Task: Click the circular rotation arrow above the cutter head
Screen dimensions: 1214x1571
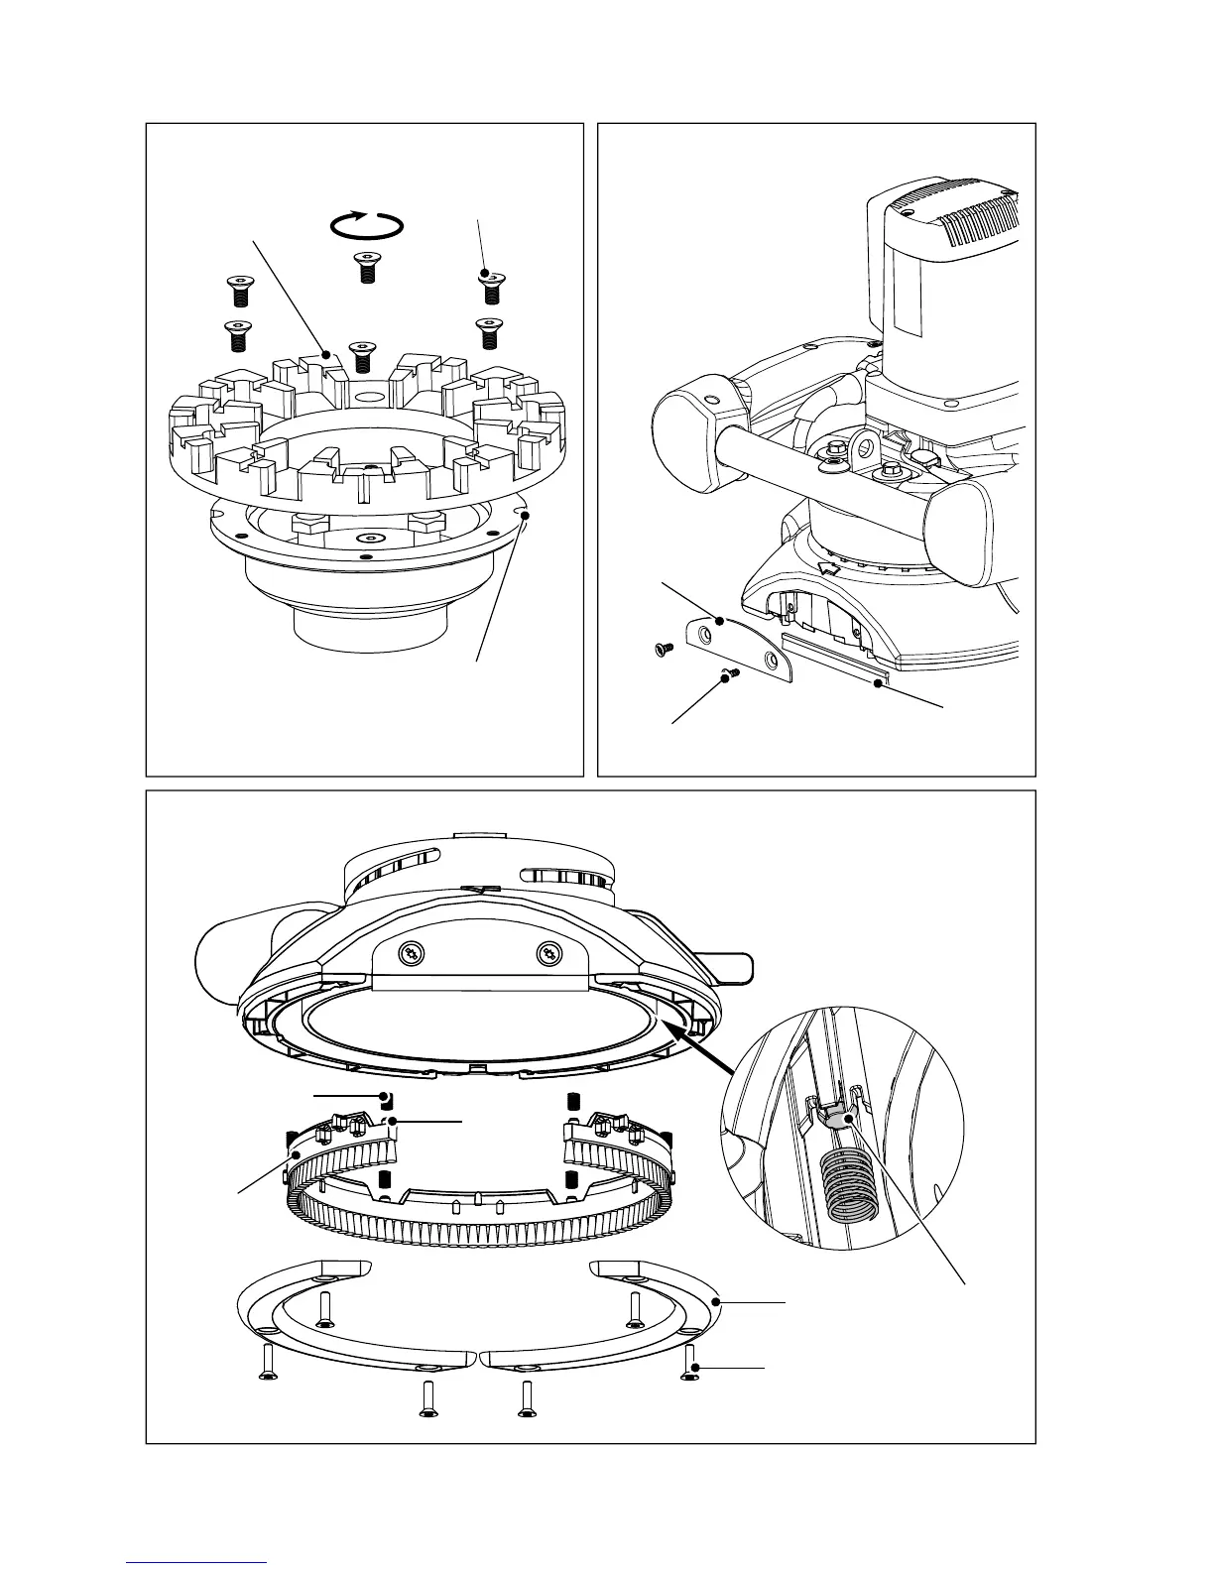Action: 366,226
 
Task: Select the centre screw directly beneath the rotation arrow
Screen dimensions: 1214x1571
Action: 366,267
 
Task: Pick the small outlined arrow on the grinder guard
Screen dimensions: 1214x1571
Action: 831,567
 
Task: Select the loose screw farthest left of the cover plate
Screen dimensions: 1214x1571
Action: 662,649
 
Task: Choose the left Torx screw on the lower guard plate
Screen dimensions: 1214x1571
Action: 410,954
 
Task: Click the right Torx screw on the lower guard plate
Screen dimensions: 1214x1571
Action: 548,954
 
